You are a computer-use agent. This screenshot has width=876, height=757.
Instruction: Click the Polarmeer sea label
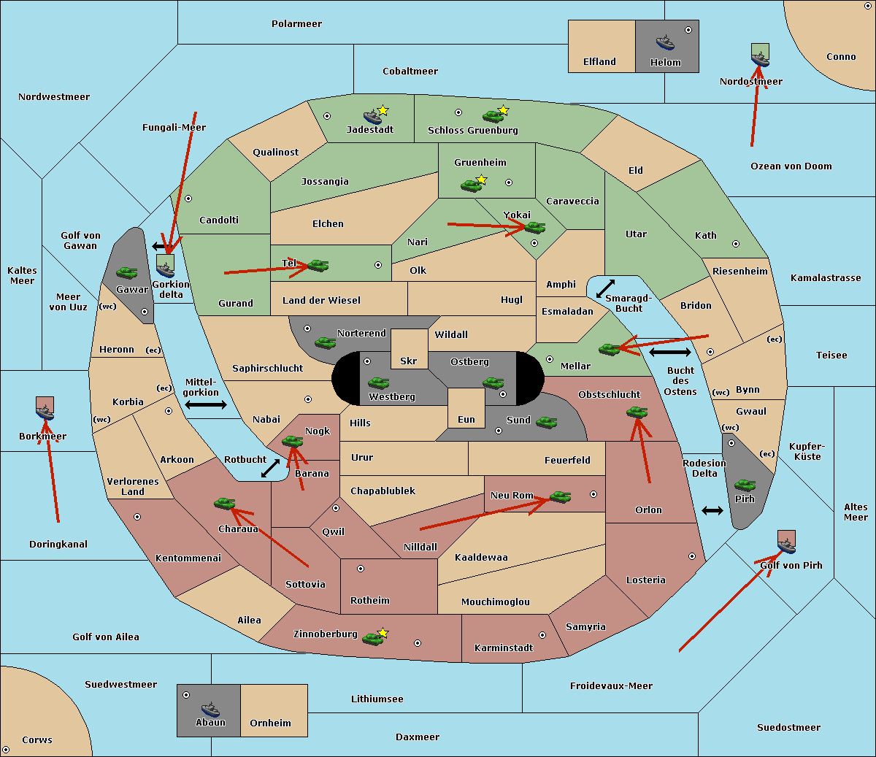(x=296, y=24)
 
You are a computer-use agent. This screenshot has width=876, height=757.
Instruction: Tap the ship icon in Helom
(x=664, y=42)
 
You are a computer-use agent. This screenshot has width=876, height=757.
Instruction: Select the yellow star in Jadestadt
(x=383, y=110)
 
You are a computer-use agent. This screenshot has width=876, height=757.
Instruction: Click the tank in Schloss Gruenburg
(x=493, y=116)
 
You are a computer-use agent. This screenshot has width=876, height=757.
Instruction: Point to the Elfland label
(x=599, y=62)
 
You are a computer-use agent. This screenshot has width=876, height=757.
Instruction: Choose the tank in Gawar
(x=127, y=272)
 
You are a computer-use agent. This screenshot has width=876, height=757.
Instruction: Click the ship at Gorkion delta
(x=166, y=267)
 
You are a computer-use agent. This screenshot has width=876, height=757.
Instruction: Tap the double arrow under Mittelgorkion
(x=205, y=405)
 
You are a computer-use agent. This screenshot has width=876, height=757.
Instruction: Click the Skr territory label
(x=409, y=361)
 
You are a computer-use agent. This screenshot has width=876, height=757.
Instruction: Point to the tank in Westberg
(x=378, y=383)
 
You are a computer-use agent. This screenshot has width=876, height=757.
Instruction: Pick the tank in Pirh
(x=745, y=485)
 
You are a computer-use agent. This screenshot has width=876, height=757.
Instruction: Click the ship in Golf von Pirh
(x=786, y=544)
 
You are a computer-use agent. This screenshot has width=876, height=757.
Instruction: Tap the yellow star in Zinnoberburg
(x=383, y=633)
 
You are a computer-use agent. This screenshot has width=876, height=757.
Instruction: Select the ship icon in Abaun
(x=210, y=709)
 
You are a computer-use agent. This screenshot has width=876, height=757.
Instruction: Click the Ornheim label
(x=270, y=723)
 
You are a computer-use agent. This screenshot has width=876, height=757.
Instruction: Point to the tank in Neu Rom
(x=560, y=496)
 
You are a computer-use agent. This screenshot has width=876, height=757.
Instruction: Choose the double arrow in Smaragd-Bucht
(x=605, y=289)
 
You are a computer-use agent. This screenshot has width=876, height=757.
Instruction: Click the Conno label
(x=841, y=57)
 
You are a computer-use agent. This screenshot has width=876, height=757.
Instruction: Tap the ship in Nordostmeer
(x=760, y=58)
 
